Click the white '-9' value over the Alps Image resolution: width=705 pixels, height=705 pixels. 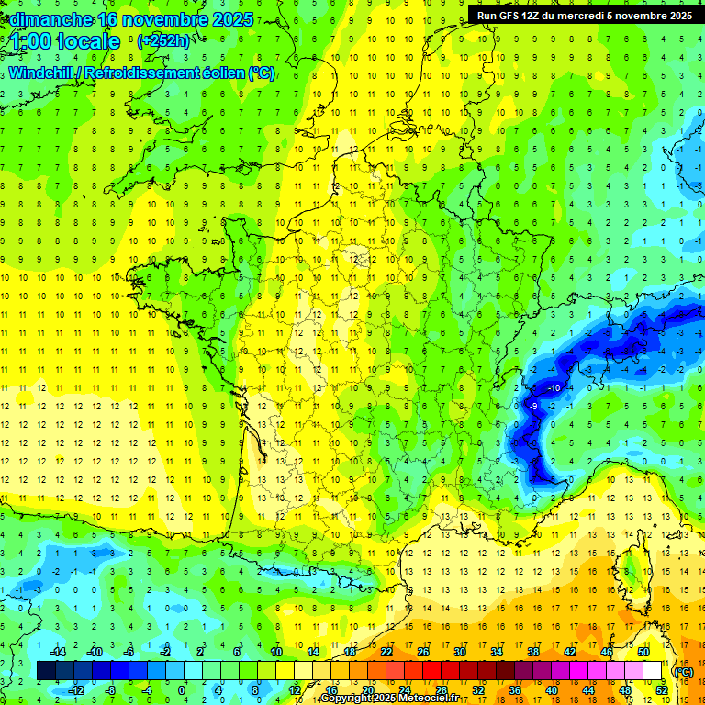(533, 406)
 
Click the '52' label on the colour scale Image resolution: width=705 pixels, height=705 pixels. (661, 689)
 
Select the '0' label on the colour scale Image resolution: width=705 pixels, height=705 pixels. (181, 689)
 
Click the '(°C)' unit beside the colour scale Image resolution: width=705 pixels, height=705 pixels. (683, 671)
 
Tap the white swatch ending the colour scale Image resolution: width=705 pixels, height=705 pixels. (652, 671)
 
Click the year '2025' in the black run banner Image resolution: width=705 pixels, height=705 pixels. (679, 16)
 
